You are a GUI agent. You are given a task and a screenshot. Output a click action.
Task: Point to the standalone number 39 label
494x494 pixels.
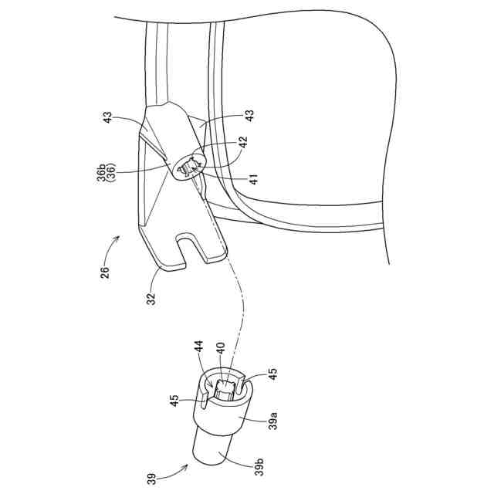tap(151, 479)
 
